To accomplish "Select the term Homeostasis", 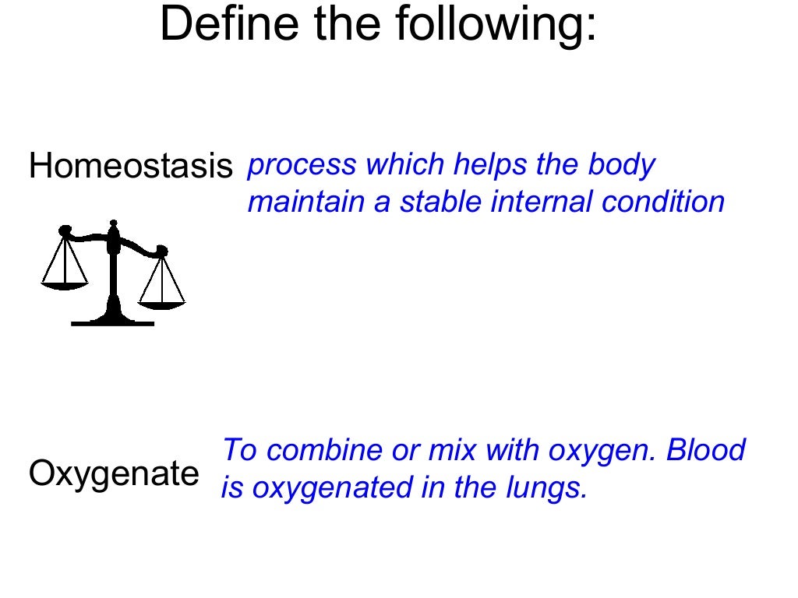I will coord(131,167).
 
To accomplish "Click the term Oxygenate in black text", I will coord(114,474).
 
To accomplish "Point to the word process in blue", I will coord(302,166).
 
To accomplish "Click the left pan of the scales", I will coord(65,285).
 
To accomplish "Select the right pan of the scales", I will coord(162,304).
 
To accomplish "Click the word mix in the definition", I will coord(451,450).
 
